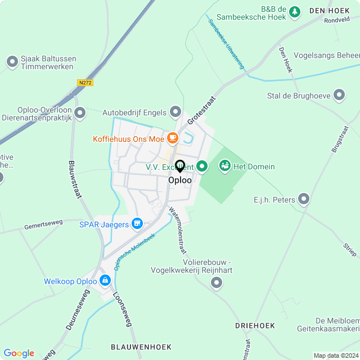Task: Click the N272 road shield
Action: pyautogui.click(x=85, y=83)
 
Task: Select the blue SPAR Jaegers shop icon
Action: pyautogui.click(x=137, y=224)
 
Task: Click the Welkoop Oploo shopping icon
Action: pyautogui.click(x=105, y=280)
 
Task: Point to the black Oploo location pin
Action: pyautogui.click(x=180, y=166)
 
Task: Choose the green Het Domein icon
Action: pyautogui.click(x=225, y=166)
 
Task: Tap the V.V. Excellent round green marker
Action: pyautogui.click(x=202, y=166)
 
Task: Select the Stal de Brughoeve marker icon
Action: pyautogui.click(x=339, y=95)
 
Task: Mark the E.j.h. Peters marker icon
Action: pyautogui.click(x=304, y=199)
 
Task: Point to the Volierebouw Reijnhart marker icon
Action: pyautogui.click(x=217, y=283)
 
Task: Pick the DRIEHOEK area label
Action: pyautogui.click(x=255, y=326)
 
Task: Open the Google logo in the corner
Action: pyautogui.click(x=19, y=353)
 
